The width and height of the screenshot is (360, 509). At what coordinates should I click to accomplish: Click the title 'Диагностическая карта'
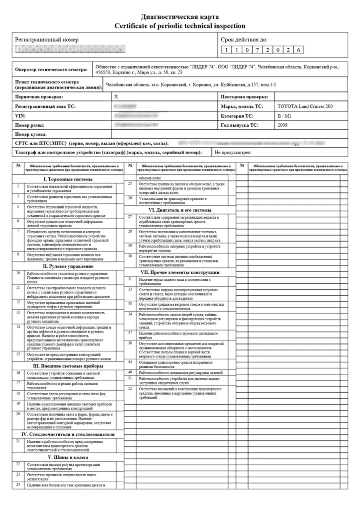click(x=180, y=17)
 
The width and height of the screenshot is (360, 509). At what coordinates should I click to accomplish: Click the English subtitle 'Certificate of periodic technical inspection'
click(x=180, y=26)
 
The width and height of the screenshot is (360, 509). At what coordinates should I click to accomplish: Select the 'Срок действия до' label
click(x=243, y=39)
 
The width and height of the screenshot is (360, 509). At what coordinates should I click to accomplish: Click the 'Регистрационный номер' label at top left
click(x=47, y=39)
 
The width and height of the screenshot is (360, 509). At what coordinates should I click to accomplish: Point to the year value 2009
click(x=284, y=125)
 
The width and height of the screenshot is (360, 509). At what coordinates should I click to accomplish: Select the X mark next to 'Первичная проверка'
click(x=116, y=96)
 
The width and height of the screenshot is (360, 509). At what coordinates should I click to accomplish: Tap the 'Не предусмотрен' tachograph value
click(x=233, y=152)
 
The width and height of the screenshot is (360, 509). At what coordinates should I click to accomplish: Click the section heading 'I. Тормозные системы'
click(x=68, y=179)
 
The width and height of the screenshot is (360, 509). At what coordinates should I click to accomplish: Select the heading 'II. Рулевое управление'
click(x=68, y=266)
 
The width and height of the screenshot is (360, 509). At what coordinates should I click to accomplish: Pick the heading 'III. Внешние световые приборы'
click(x=68, y=366)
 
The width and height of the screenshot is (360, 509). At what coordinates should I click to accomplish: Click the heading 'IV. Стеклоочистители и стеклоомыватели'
click(x=68, y=434)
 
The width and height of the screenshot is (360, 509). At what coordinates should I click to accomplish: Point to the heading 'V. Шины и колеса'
click(x=68, y=457)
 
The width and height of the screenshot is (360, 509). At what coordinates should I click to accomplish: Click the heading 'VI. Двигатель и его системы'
click(x=180, y=210)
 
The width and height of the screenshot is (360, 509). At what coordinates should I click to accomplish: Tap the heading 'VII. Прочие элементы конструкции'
click(x=180, y=272)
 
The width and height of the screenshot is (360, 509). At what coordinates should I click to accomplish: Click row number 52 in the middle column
click(x=130, y=388)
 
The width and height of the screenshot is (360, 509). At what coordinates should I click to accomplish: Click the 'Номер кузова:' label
click(x=31, y=134)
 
